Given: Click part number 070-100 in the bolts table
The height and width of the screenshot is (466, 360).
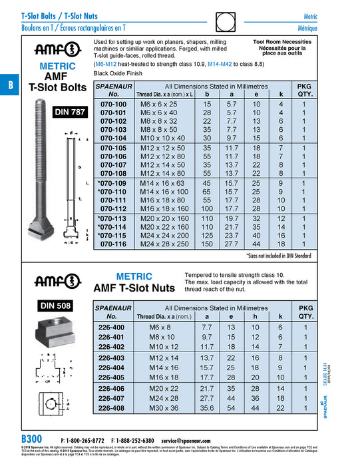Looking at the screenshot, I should [112, 105].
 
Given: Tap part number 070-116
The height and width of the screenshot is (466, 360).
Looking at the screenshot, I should [112, 245].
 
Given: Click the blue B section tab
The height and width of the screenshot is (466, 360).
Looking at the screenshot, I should [9, 86].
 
